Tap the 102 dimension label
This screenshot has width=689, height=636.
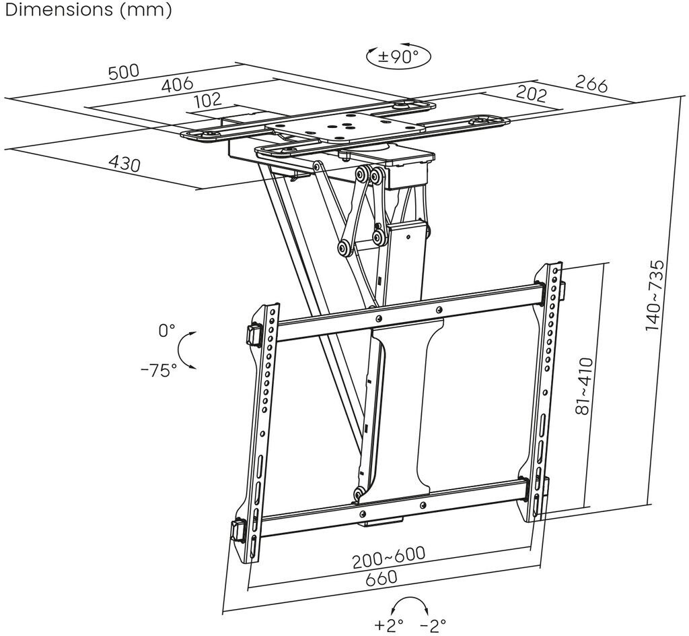tap(207, 100)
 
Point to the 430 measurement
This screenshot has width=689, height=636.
tap(124, 163)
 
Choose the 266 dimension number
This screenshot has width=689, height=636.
tap(591, 84)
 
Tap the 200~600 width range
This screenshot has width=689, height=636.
tap(390, 556)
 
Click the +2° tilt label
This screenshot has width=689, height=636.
tap(390, 625)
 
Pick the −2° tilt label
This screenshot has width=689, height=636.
tap(433, 625)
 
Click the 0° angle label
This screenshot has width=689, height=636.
tap(166, 331)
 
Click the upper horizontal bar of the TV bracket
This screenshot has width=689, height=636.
tap(410, 311)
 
